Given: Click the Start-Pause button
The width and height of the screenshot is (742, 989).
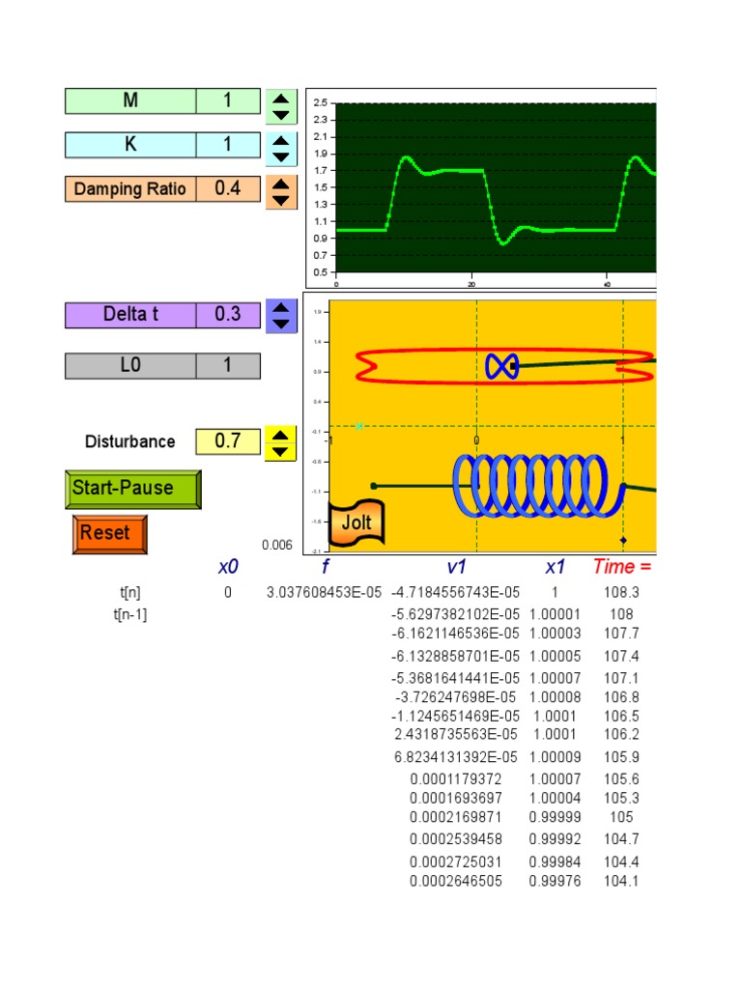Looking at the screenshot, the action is click(133, 489).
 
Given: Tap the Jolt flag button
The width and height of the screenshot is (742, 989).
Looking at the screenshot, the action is click(356, 524).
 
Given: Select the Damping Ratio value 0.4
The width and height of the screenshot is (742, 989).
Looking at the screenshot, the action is click(228, 188).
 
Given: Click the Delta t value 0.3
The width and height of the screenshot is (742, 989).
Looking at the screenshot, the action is click(228, 315).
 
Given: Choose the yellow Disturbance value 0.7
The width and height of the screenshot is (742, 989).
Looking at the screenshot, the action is click(228, 441).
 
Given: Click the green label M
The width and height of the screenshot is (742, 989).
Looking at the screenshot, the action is click(130, 101).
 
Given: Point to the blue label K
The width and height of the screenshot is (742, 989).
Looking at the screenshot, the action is click(130, 145).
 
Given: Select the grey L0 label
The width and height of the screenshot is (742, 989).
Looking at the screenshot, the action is click(130, 366).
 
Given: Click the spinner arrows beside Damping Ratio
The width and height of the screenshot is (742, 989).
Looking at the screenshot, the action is click(280, 189).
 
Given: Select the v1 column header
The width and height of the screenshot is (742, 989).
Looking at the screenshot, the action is click(457, 567).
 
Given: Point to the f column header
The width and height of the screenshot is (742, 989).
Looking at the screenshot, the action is click(326, 567).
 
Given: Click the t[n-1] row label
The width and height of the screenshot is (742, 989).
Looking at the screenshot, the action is click(130, 614).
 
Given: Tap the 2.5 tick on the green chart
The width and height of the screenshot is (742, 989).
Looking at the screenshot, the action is click(321, 102).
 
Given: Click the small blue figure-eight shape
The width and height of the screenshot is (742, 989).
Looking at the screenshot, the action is click(501, 365).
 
